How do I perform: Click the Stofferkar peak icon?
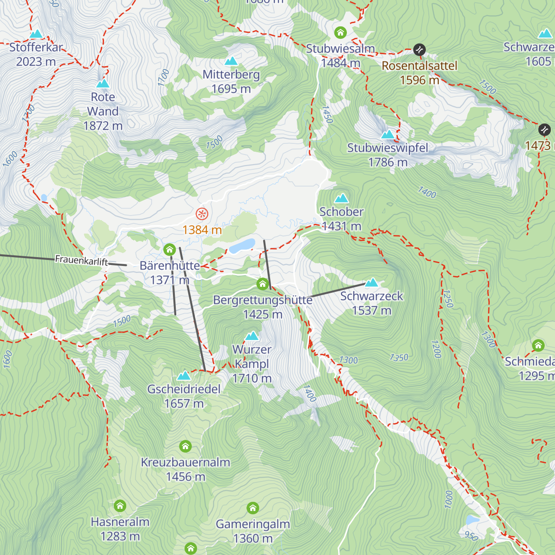coord(36,34)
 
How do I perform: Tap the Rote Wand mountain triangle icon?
coord(103,83)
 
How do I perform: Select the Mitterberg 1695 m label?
coord(231,81)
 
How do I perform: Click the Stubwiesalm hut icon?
coord(340,32)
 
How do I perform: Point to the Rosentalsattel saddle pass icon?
coord(419,49)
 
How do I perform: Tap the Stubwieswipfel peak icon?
coord(388,134)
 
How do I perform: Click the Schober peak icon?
coord(341,198)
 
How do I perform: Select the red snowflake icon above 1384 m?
coord(202,214)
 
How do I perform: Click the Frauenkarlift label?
coord(81,260)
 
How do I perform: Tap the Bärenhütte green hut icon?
coord(169,250)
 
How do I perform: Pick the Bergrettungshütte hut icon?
coord(263,283)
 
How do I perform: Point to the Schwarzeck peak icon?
coord(371,282)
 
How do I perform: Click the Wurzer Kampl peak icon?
coord(252,335)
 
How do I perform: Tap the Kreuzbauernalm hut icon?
coord(185,446)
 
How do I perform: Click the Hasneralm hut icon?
coord(120,506)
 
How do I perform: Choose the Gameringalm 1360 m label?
coord(253,531)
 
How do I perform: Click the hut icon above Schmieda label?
coord(538,345)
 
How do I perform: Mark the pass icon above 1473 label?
coord(544,129)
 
